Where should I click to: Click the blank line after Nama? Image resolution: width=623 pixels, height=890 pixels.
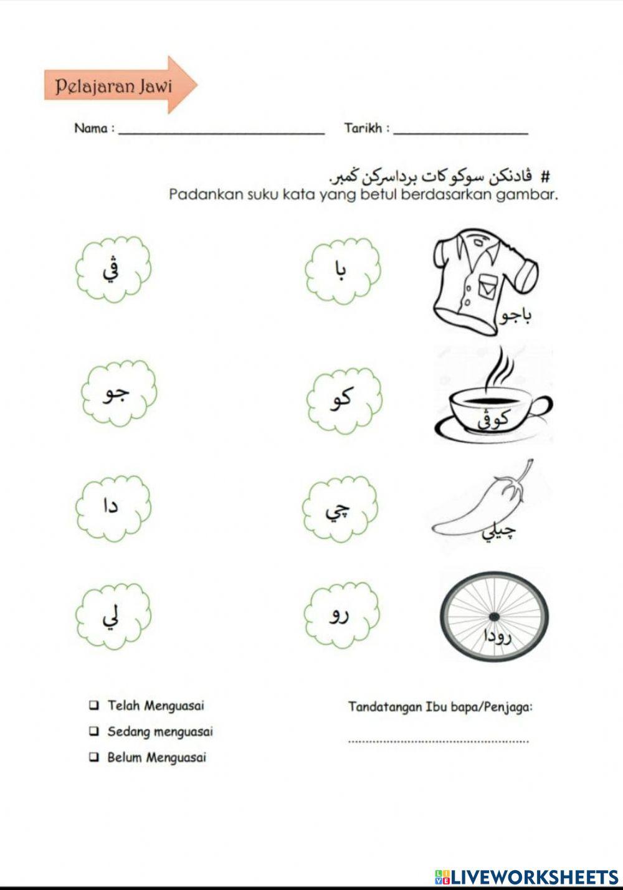(221, 131)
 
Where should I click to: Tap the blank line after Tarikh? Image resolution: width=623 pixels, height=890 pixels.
(461, 131)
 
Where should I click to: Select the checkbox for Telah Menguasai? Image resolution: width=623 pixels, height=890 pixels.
(93, 706)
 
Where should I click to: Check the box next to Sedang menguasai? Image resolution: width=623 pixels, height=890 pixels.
(93, 731)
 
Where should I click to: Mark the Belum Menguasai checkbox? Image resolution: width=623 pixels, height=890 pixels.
(93, 757)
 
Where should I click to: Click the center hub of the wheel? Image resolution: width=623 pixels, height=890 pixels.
(494, 616)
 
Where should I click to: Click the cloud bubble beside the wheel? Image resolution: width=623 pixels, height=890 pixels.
(341, 616)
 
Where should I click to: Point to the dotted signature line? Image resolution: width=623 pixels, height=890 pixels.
(438, 741)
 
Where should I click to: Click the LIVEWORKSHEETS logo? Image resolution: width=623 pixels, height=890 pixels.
(526, 877)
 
